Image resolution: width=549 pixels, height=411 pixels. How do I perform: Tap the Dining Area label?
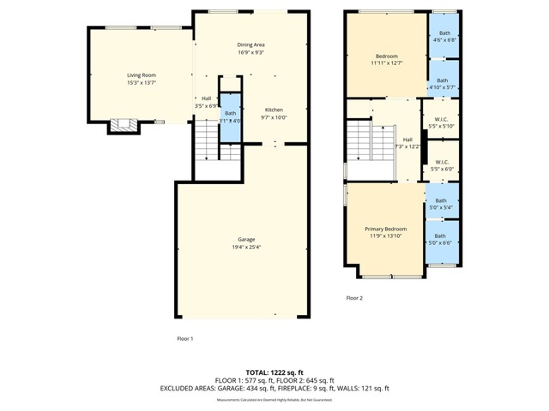pos(250,45)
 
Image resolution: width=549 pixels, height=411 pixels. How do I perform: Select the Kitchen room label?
pos(274,110)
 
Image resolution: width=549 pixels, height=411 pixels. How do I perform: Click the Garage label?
pos(246,239)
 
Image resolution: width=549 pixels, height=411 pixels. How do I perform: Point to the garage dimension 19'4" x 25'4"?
pos(246,247)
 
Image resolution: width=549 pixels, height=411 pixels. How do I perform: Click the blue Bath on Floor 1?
pos(230,116)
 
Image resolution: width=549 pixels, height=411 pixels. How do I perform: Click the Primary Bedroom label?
pos(385,229)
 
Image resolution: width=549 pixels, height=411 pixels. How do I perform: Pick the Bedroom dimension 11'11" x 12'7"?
pos(386,63)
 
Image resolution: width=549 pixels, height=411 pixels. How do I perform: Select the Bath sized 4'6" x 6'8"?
pos(443,36)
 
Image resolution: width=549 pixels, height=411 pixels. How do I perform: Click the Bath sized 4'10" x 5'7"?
pos(443,84)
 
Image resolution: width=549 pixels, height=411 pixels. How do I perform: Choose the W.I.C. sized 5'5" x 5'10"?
pos(443,121)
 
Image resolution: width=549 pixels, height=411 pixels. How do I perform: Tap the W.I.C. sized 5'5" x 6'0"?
pos(443,164)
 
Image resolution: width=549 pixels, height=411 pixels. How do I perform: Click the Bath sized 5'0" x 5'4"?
pos(442,203)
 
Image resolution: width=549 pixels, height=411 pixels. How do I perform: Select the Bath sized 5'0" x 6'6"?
pos(441,240)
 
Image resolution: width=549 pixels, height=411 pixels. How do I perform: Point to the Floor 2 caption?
pos(354,298)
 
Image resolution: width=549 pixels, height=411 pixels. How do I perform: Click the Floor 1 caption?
pos(184,338)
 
